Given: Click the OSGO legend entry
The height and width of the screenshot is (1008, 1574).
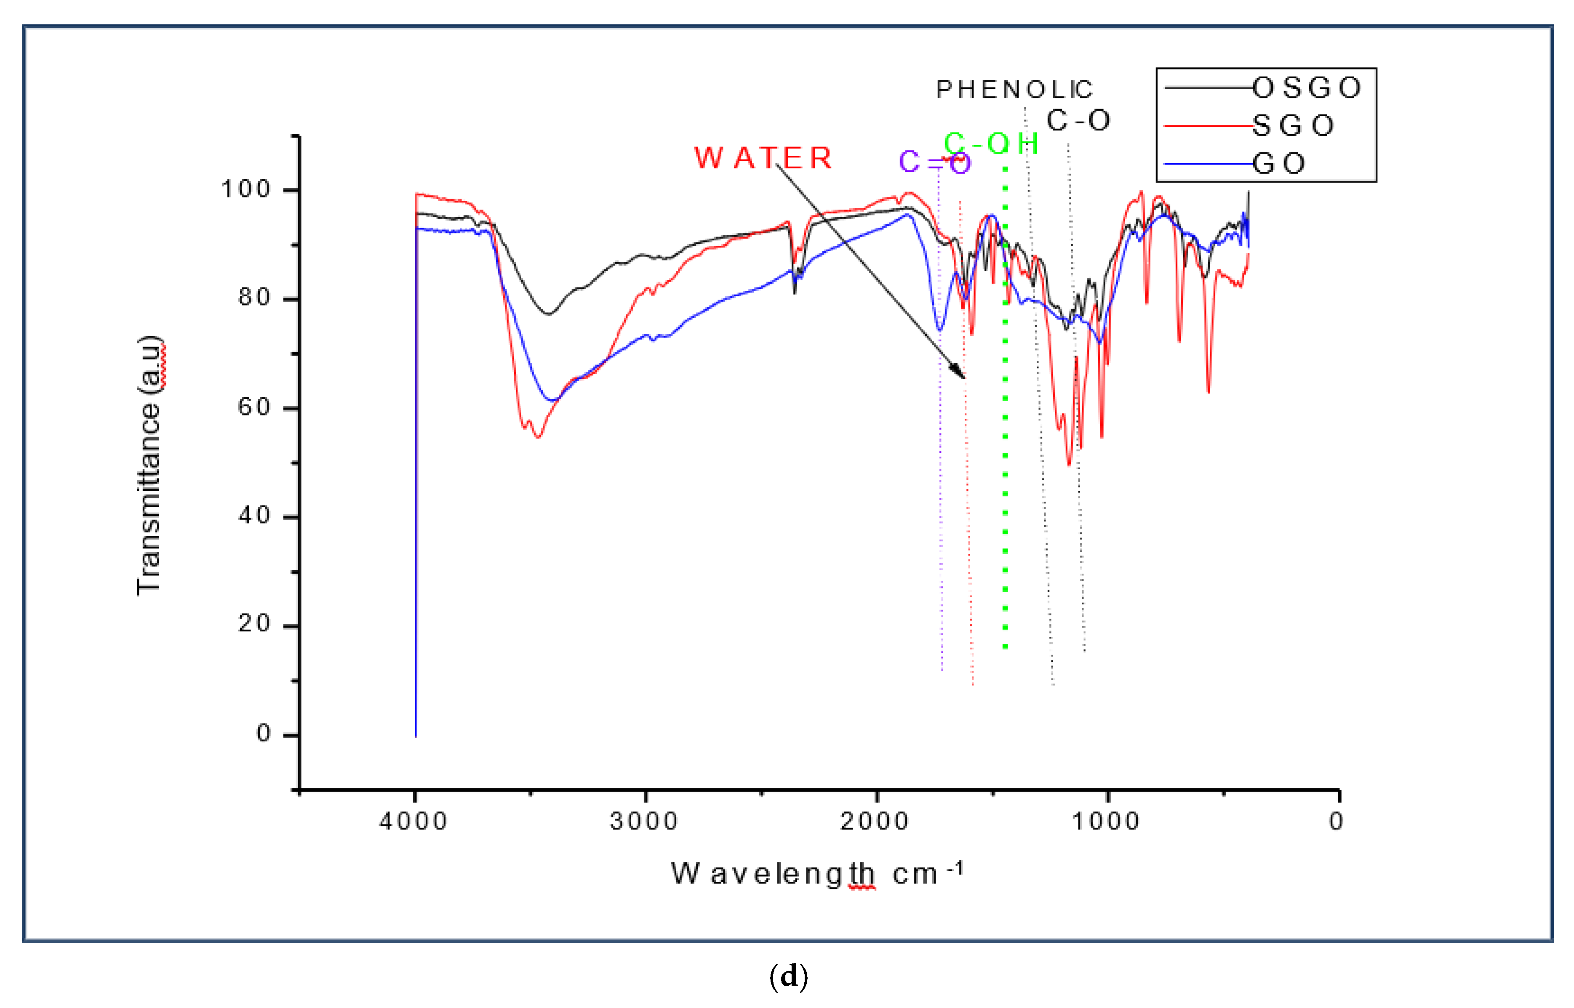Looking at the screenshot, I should [x=1306, y=88].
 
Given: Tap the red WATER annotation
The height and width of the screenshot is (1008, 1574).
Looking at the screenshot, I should [x=763, y=158].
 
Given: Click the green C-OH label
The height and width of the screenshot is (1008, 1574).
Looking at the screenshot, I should [x=991, y=144].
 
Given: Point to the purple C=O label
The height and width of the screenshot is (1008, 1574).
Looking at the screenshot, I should [x=934, y=162].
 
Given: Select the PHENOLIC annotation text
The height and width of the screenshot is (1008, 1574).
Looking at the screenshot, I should [x=1014, y=90].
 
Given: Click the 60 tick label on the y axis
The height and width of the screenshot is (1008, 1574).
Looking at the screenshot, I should [x=254, y=408].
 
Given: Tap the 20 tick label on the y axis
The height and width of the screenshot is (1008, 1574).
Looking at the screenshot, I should [x=254, y=625].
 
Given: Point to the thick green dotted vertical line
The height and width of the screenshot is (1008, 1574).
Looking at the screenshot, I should [x=1005, y=458].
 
